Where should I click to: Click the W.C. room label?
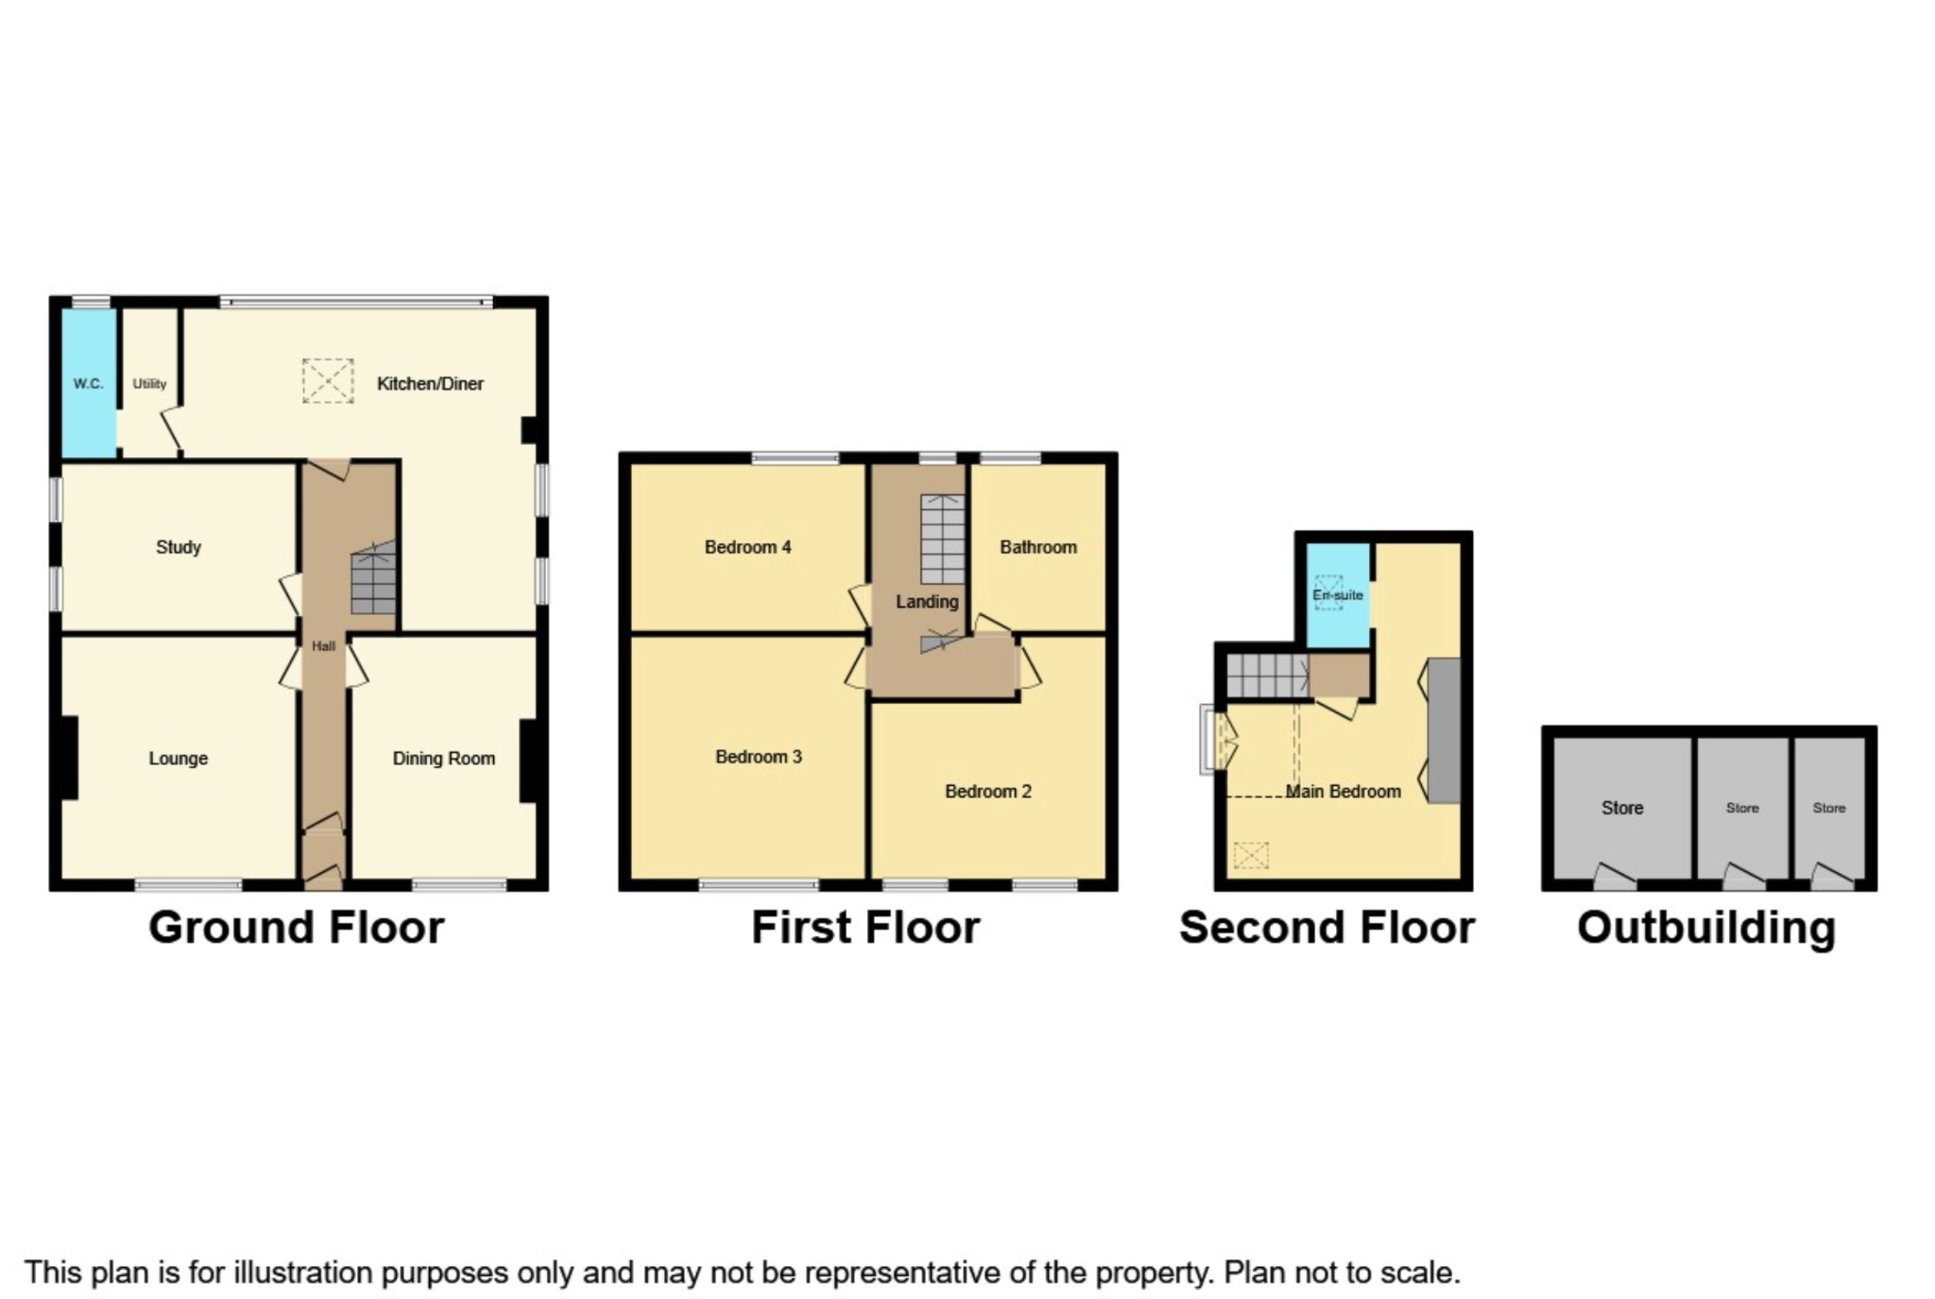pos(88,384)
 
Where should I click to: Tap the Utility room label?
pos(149,384)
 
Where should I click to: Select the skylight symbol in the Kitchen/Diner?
pos(328,381)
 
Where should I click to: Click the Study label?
pos(179,547)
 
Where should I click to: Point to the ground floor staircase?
pos(374,580)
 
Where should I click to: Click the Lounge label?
pos(179,759)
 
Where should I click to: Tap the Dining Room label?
pos(443,759)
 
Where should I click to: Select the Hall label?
pos(323,646)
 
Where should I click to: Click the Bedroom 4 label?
pos(747,547)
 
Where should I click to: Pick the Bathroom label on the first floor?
pos(1037,547)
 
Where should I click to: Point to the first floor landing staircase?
pos(943,539)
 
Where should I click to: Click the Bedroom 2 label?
pos(987,792)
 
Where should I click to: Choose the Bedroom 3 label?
pos(758,757)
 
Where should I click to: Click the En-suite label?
pos(1337,595)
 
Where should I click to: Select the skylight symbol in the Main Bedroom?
pos(1250,856)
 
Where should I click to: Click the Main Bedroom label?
pos(1343,792)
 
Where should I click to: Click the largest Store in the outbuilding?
pos(1621,808)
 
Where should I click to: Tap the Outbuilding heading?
pos(1706,928)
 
